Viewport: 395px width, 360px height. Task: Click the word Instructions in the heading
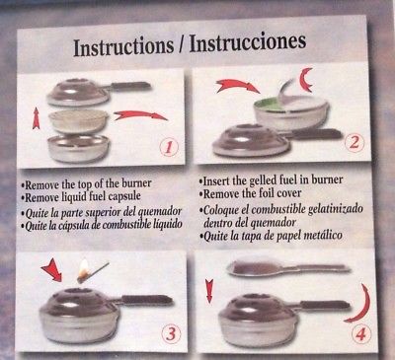[123, 46]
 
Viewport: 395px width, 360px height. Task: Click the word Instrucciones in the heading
[248, 42]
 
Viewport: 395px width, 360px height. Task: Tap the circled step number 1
[168, 148]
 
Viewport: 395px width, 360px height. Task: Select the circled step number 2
[354, 143]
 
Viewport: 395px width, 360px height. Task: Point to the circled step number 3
[171, 334]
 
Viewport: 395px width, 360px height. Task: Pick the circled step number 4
[360, 334]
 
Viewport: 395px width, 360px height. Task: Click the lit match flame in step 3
[84, 268]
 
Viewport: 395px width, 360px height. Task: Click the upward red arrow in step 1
[37, 119]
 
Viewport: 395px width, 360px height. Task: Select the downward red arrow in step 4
[209, 291]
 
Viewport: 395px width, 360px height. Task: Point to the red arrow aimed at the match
[52, 269]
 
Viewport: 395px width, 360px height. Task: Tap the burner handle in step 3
[147, 300]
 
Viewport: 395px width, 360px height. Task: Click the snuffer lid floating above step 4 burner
[287, 267]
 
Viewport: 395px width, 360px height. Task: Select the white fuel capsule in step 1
[78, 119]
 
